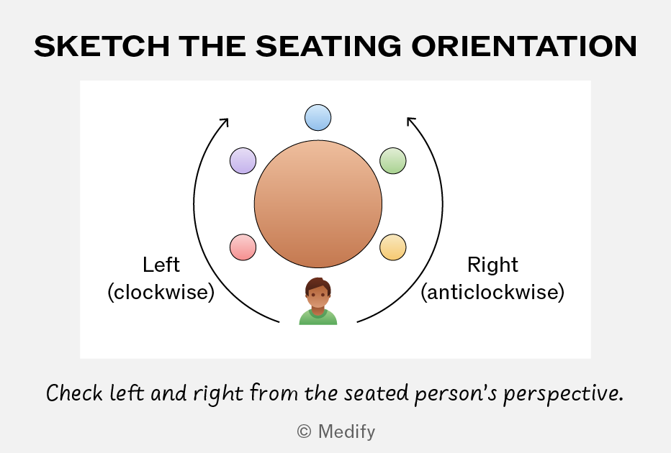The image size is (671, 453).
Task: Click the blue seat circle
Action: click(x=318, y=117)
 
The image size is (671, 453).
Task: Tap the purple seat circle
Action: click(x=243, y=160)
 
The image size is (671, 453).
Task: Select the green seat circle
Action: click(x=393, y=160)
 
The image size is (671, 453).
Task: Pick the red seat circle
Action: click(x=243, y=247)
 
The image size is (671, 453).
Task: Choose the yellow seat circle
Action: click(x=393, y=247)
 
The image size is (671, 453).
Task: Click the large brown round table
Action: click(x=318, y=204)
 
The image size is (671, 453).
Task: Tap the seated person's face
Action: click(x=318, y=296)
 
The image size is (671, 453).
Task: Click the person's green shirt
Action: click(x=318, y=318)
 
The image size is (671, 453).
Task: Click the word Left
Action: click(x=161, y=265)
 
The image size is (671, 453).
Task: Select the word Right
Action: click(x=492, y=265)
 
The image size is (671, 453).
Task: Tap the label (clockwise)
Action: click(x=161, y=293)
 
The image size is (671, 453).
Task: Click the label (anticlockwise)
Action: click(x=492, y=293)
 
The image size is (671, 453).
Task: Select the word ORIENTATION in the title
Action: click(x=524, y=46)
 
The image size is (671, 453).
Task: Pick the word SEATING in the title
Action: click(x=328, y=46)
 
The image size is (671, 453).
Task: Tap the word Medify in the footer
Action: click(x=346, y=431)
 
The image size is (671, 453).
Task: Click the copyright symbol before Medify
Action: click(x=304, y=431)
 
